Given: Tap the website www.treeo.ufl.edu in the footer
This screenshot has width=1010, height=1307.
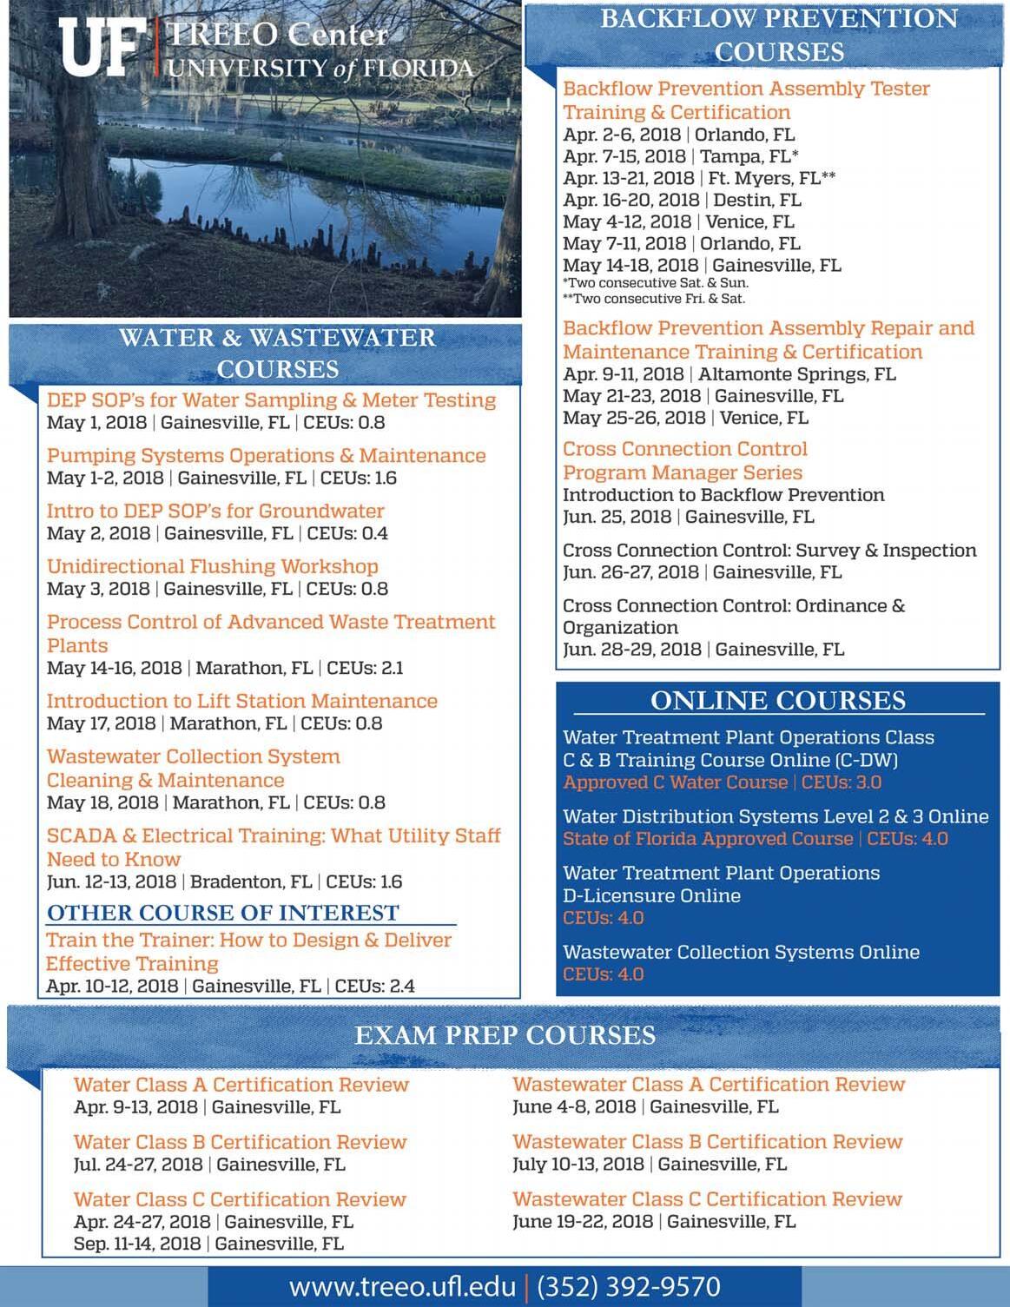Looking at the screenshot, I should [x=402, y=1286].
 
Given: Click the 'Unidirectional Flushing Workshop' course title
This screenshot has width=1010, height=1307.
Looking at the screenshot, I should [x=213, y=566].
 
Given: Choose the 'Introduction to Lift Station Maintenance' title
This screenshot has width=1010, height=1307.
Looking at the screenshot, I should [x=241, y=701].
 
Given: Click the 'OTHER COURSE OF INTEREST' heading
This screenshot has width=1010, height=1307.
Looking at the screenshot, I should [x=223, y=913].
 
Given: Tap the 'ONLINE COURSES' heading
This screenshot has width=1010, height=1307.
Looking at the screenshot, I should [x=778, y=701].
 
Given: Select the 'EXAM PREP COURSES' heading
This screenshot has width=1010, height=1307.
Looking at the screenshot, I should [x=505, y=1035].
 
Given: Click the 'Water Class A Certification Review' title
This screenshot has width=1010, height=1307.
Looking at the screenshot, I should [x=241, y=1085].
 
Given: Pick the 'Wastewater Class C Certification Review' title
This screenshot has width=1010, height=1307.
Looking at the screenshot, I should [x=707, y=1199].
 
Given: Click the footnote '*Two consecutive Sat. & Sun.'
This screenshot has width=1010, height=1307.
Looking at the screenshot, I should [x=656, y=283].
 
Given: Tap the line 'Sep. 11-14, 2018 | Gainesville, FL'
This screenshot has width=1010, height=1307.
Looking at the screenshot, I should [x=208, y=1244].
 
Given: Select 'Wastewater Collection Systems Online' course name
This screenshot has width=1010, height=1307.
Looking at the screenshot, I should [x=741, y=953].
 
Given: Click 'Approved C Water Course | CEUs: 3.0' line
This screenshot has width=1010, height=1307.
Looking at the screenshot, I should [x=722, y=782].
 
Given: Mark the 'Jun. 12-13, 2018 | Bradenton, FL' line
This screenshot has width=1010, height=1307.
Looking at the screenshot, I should [x=224, y=882].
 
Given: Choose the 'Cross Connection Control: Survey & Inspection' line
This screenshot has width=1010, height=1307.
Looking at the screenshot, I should [x=769, y=551].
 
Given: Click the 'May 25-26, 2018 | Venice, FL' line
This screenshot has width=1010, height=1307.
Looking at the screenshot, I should [x=685, y=418].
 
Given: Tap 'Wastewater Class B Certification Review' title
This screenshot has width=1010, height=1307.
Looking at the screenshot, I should [x=708, y=1142].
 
